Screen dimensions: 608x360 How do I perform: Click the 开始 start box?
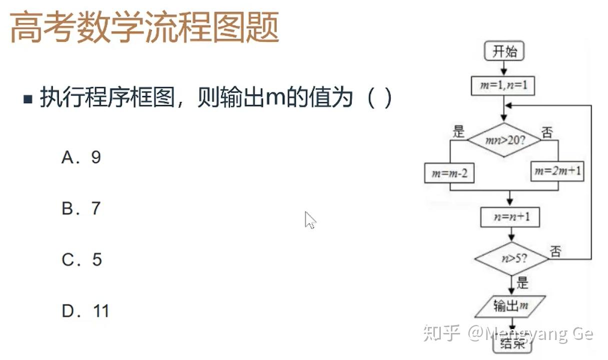click(504, 51)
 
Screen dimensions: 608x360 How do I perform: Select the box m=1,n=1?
click(504, 85)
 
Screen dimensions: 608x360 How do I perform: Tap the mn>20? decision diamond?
click(504, 140)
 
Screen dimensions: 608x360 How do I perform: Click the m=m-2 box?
click(449, 173)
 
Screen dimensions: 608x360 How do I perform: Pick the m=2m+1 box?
click(558, 171)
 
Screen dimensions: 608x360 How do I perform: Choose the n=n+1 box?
click(510, 217)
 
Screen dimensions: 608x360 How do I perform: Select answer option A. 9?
click(81, 157)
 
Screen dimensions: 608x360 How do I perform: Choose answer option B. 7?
click(81, 208)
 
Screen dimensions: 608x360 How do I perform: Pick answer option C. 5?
click(82, 259)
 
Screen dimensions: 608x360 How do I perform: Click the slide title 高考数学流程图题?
click(144, 28)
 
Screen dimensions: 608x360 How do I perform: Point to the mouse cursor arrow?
click(310, 219)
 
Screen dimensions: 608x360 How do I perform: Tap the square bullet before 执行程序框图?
click(28, 98)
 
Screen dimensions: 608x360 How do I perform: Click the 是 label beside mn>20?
click(458, 132)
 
